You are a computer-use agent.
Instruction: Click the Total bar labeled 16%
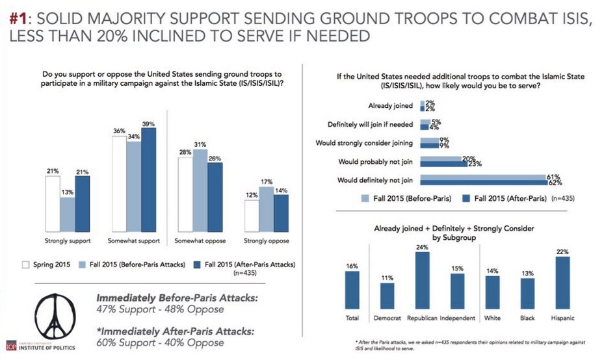point(352,289)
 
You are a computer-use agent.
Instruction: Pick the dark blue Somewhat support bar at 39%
point(149,180)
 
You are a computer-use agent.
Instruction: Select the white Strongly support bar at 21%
point(53,203)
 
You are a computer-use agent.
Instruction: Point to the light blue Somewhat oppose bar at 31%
point(200,190)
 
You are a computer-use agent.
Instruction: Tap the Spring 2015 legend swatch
point(26,264)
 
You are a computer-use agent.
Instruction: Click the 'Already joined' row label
point(391,105)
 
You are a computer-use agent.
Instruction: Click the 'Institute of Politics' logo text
point(45,348)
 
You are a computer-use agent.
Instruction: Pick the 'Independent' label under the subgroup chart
point(457,318)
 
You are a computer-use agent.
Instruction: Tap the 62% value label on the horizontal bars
point(555,183)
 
